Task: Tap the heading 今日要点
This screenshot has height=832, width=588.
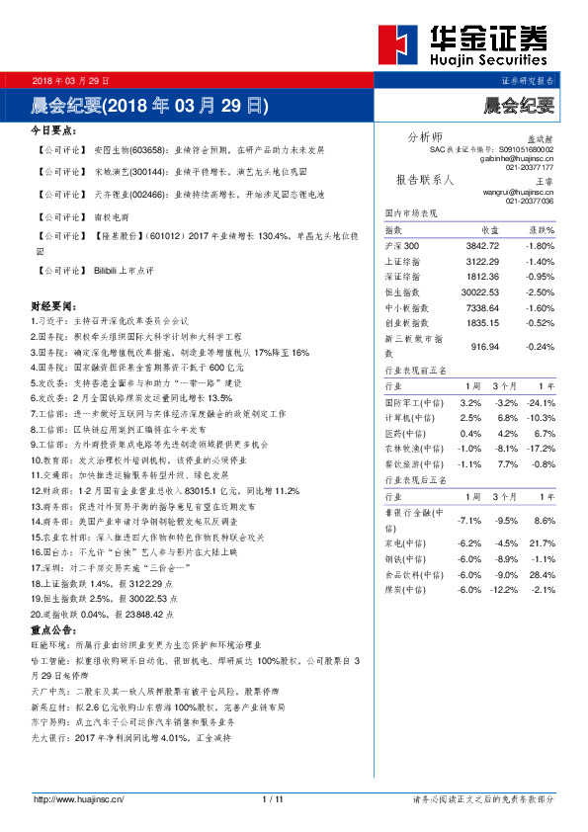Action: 54,130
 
